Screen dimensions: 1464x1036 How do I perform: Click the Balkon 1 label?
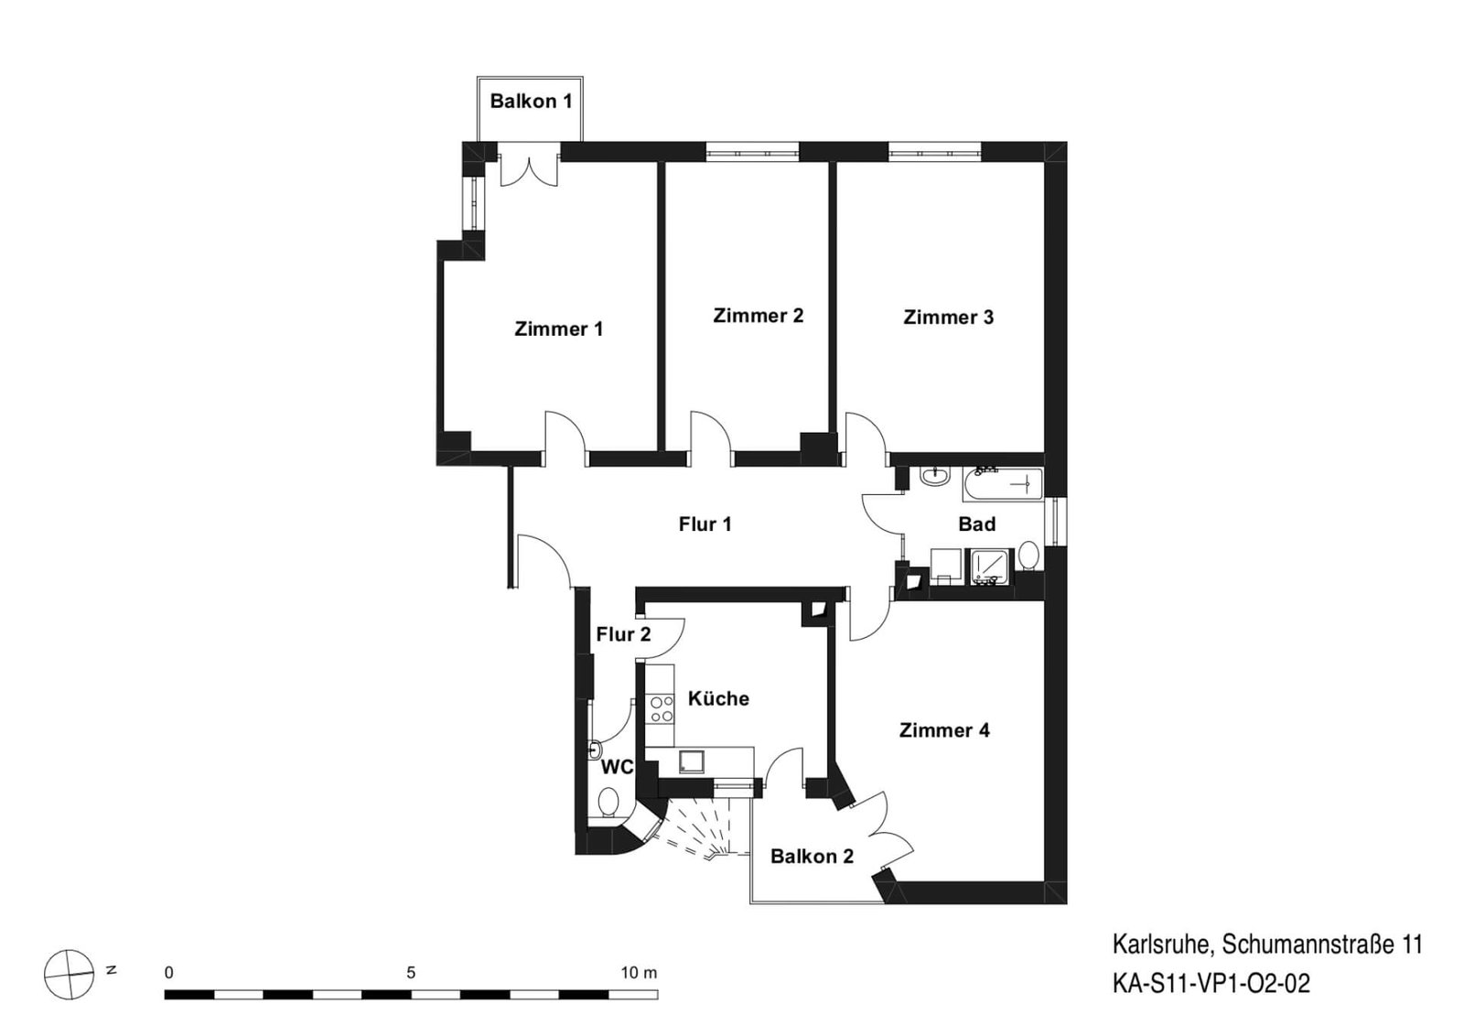tap(531, 102)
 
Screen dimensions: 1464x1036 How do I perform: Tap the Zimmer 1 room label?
tap(559, 329)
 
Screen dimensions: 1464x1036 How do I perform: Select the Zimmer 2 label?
tap(759, 316)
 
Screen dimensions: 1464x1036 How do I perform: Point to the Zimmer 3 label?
tap(948, 317)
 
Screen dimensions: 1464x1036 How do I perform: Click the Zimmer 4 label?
tap(944, 730)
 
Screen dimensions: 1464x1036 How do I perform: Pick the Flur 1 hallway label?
tap(705, 523)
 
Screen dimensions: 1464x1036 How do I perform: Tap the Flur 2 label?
tap(623, 634)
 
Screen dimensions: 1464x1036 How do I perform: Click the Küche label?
tap(718, 698)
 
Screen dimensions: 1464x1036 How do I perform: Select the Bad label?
tap(977, 523)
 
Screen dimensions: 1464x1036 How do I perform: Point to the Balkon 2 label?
tap(812, 857)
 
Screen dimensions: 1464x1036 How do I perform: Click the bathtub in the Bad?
tap(1003, 485)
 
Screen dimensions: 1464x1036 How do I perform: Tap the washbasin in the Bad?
tap(935, 477)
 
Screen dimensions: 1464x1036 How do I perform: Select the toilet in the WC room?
tap(609, 802)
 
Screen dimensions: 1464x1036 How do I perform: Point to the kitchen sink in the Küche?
tap(692, 762)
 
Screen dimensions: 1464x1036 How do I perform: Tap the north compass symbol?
tap(69, 975)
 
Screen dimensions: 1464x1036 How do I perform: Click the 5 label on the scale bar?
tap(411, 973)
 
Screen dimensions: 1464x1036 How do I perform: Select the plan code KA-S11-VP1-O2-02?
tap(1211, 983)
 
